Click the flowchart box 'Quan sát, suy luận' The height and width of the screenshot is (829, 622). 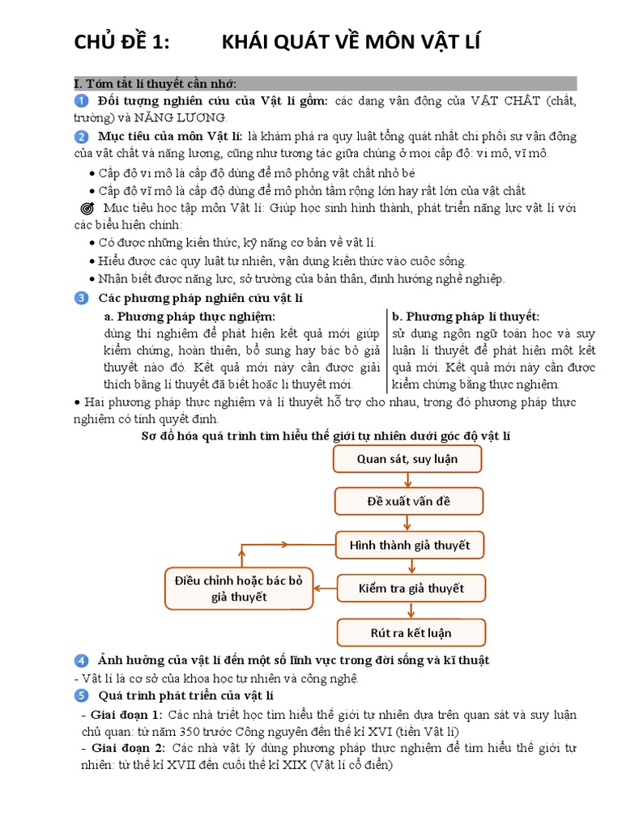tap(407, 459)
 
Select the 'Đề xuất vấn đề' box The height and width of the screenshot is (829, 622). tap(407, 501)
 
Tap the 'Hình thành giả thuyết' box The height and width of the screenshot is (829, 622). tap(410, 545)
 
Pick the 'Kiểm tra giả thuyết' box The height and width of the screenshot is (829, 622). tap(411, 589)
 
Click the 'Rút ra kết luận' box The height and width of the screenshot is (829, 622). tap(411, 632)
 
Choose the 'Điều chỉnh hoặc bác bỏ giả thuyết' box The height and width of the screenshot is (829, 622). tap(238, 589)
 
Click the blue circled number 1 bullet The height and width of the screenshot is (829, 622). tap(81, 100)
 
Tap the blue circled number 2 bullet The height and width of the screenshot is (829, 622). tap(81, 135)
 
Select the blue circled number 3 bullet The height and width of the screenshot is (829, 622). tap(81, 298)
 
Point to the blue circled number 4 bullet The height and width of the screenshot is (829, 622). tap(81, 661)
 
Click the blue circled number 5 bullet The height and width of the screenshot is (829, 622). tap(81, 695)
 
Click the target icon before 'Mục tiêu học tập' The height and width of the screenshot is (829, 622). tap(88, 208)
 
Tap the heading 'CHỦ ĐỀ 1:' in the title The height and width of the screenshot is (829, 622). tap(122, 42)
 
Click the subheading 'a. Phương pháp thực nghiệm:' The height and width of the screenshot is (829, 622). tap(190, 316)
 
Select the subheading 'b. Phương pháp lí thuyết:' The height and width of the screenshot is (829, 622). tap(466, 316)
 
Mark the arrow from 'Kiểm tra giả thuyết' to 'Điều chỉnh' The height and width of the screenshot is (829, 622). tap(326, 589)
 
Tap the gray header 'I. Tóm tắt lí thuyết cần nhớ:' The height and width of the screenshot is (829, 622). tap(155, 83)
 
